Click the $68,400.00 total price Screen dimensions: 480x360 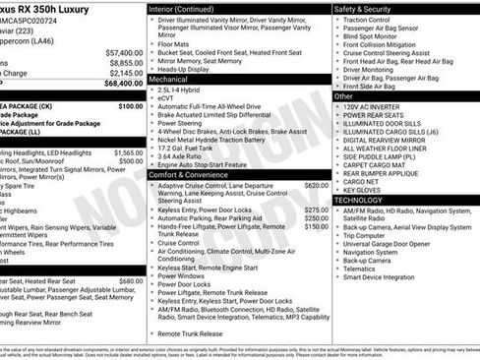[123, 83]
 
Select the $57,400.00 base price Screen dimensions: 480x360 [123, 51]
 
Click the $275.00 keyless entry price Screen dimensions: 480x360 [316, 209]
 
